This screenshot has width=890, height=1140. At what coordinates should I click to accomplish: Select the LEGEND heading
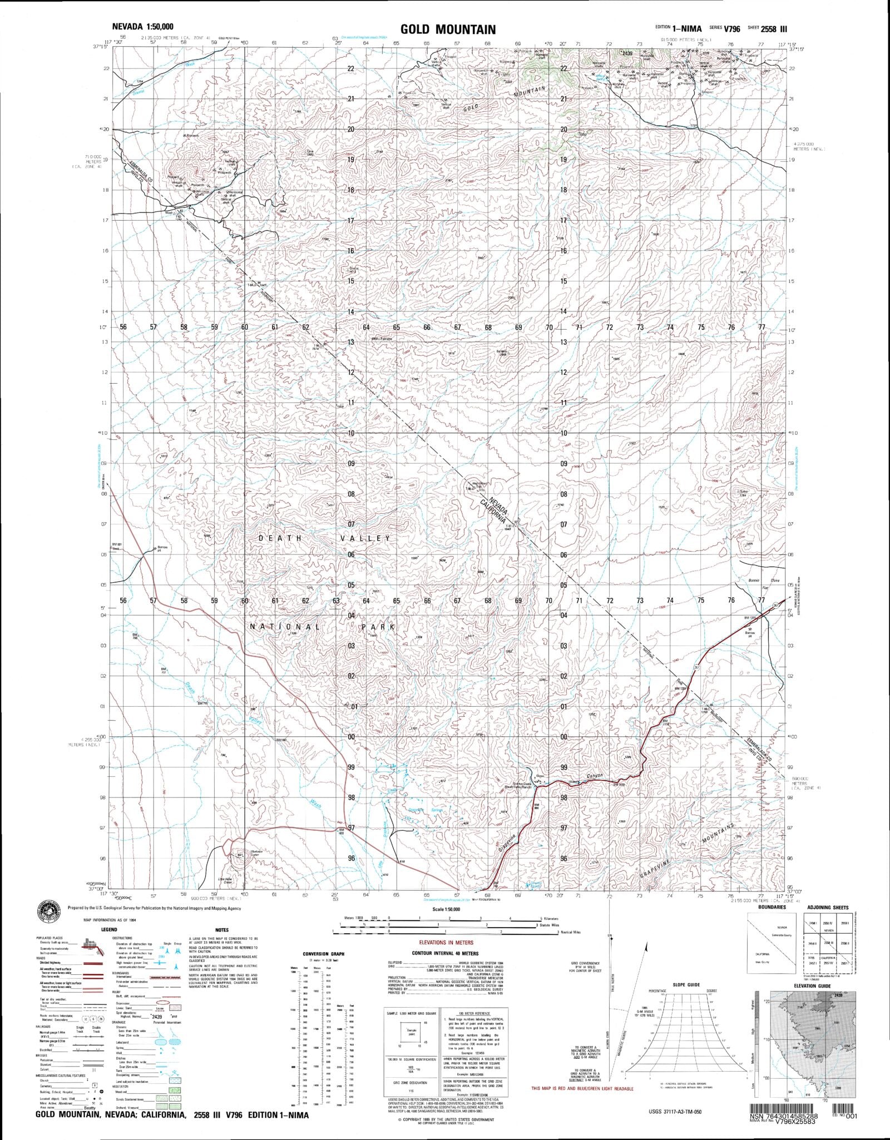[108, 930]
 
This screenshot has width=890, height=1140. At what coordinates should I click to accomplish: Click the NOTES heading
[221, 930]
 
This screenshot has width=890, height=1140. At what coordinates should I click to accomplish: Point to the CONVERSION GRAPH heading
[324, 954]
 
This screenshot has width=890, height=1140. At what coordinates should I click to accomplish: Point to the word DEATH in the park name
[281, 538]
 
